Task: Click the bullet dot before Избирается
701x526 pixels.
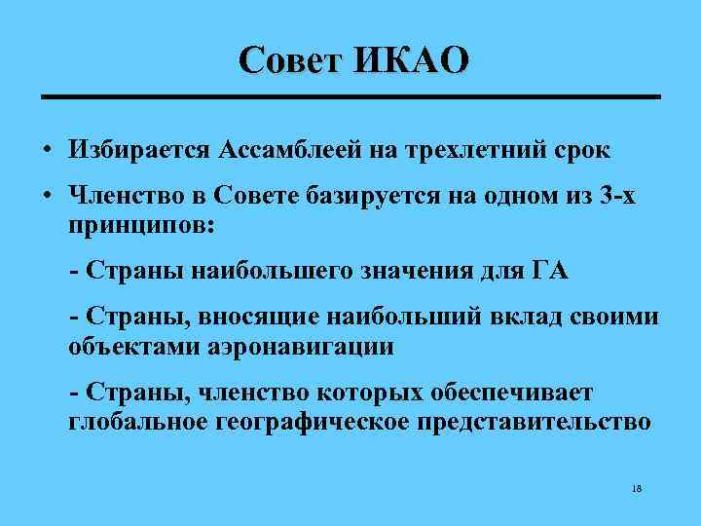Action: pyautogui.click(x=47, y=151)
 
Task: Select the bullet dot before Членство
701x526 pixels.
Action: pyautogui.click(x=47, y=198)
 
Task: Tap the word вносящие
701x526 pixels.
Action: pyautogui.click(x=262, y=319)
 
